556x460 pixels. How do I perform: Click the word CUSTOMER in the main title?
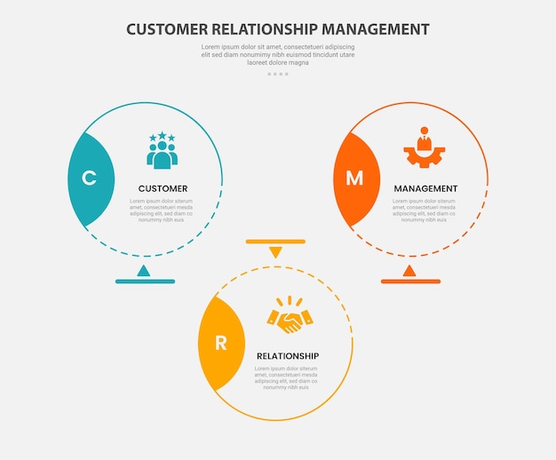coord(168,29)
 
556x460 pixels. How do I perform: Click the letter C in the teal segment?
coord(89,178)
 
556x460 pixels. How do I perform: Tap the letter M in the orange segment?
coord(354,178)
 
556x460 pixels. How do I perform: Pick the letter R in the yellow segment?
coord(220,344)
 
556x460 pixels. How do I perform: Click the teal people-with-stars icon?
coord(162,150)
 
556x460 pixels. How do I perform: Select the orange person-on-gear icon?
coord(424,147)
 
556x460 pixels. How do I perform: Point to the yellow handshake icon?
coord(290,316)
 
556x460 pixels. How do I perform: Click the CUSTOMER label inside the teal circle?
coord(163,188)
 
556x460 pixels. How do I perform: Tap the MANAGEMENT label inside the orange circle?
coord(425,188)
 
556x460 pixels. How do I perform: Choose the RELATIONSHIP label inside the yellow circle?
coord(288,356)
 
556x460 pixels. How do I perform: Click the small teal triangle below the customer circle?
coord(144,270)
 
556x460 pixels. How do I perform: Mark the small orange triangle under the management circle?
coord(409,270)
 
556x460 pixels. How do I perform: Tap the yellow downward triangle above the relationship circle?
coord(275,252)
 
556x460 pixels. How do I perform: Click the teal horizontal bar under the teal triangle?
coord(145,282)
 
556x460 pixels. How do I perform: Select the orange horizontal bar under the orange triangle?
coord(410,282)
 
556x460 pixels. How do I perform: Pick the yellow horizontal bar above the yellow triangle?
coord(275,241)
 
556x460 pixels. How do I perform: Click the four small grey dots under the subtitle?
coord(277,74)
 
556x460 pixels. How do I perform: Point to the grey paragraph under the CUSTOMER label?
coord(162,210)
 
